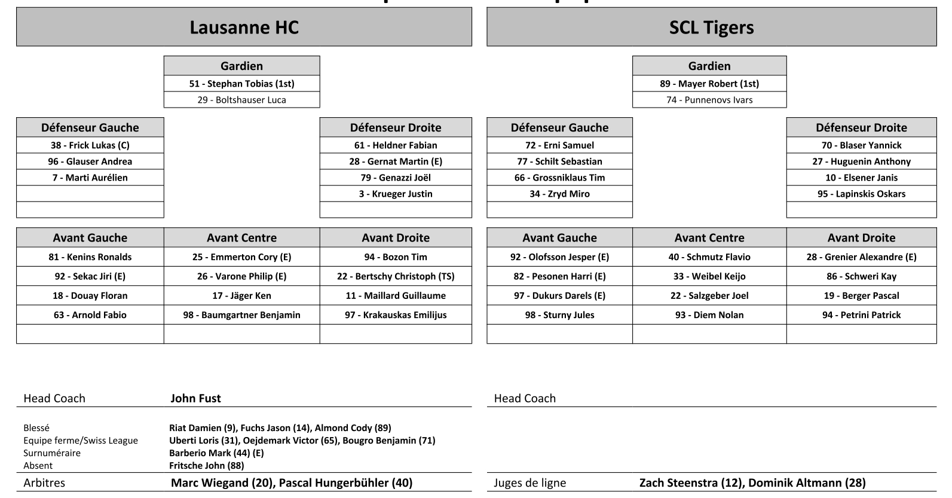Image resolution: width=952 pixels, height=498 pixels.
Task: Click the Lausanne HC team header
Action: tap(244, 28)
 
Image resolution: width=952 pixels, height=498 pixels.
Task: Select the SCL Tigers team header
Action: tap(711, 28)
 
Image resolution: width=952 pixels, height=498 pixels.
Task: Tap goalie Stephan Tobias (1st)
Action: tap(241, 84)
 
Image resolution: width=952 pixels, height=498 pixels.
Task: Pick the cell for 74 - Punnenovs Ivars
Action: tap(709, 100)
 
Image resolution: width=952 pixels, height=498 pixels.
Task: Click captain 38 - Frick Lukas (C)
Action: tap(90, 145)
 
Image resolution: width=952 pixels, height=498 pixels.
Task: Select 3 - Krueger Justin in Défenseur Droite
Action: tap(396, 194)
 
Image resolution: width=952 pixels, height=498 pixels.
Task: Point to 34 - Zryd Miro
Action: tap(559, 194)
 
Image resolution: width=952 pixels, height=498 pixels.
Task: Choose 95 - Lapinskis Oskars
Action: tap(861, 194)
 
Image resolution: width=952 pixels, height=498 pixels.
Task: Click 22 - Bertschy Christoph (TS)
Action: tap(396, 276)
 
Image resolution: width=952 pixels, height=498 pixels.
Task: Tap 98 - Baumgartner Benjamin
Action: tap(241, 315)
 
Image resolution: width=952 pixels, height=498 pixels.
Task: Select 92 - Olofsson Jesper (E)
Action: tap(559, 257)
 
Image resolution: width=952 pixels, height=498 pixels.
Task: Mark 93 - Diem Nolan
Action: tap(709, 315)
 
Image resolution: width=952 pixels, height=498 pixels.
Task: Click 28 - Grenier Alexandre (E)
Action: tap(861, 257)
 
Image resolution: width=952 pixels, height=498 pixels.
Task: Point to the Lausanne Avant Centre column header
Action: tap(241, 237)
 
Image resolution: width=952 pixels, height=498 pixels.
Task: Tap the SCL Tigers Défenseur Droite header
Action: tap(861, 127)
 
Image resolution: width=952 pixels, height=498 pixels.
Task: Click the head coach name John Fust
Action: tap(195, 398)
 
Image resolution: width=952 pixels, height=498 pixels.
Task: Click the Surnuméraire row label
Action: tap(52, 453)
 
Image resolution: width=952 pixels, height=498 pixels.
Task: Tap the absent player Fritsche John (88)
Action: tap(206, 466)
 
